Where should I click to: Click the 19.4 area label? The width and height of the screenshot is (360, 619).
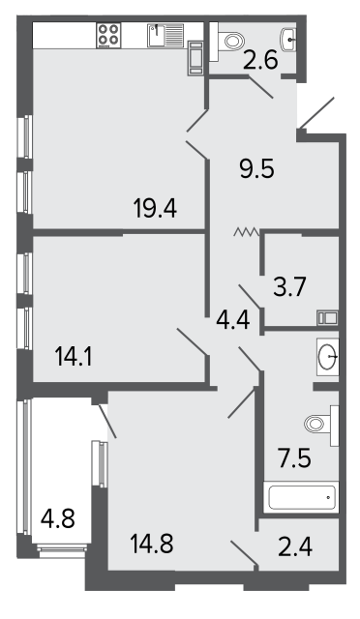[155, 208]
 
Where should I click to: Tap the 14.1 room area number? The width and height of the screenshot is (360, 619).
[74, 357]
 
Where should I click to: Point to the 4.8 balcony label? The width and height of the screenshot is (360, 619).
[58, 518]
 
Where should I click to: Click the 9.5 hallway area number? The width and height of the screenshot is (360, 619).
[256, 169]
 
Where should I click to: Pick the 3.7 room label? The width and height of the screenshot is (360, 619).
[289, 287]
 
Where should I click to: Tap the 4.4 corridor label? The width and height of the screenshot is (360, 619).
[233, 320]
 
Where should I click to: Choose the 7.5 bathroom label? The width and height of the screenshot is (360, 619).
[295, 458]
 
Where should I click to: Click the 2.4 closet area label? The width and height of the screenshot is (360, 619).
[295, 547]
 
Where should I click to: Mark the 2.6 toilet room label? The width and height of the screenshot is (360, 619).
[261, 60]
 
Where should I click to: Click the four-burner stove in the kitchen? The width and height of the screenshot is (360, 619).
[108, 35]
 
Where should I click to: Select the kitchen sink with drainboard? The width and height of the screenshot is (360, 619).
[165, 36]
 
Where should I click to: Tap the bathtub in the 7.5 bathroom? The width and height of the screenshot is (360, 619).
[303, 497]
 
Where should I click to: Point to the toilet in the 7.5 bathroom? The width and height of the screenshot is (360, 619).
[322, 426]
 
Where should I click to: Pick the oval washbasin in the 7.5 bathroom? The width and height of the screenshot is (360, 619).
[328, 357]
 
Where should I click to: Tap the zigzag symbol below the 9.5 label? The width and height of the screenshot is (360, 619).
[246, 232]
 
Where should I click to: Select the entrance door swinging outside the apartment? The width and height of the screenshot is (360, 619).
[316, 112]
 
